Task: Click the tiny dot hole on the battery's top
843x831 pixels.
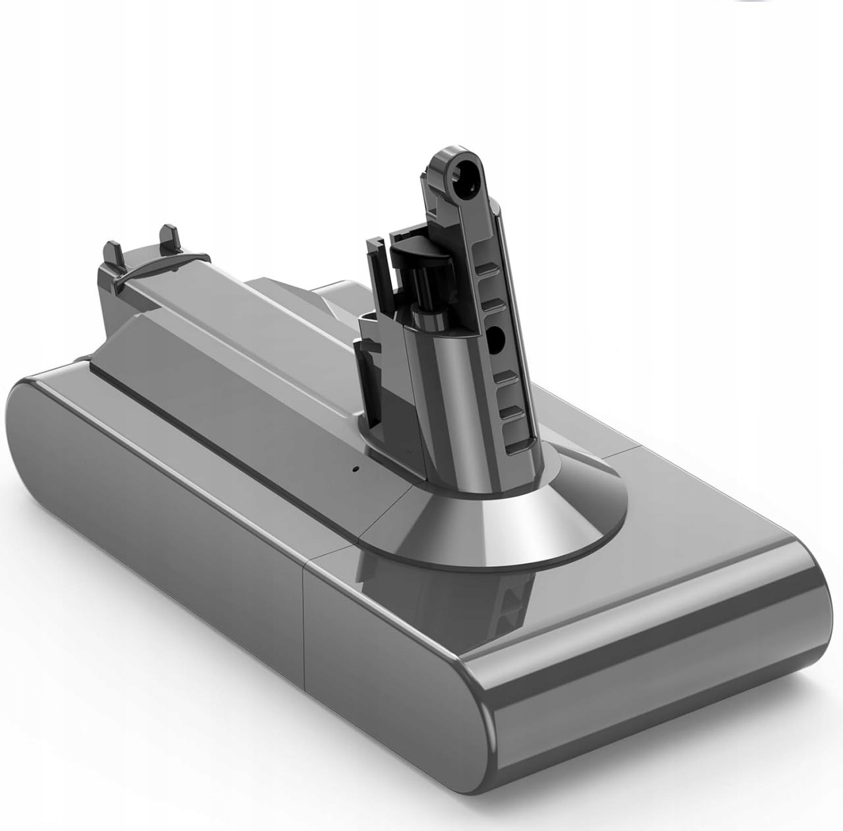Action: pyautogui.click(x=354, y=470)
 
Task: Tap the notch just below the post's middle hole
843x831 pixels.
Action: pyautogui.click(x=507, y=378)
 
